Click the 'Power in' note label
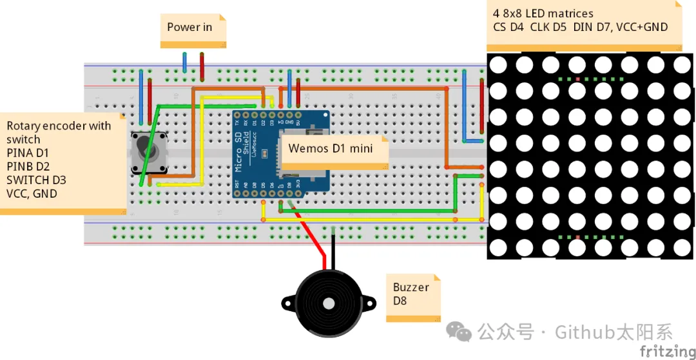tap(189, 27)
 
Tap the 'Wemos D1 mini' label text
tap(331, 148)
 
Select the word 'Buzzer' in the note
tap(411, 287)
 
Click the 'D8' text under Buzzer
tap(400, 300)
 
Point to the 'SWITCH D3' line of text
tap(36, 180)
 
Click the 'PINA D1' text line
tap(28, 153)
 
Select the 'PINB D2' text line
tap(28, 166)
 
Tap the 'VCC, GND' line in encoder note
tap(32, 193)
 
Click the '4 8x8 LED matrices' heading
tap(543, 14)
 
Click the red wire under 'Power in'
tap(202, 66)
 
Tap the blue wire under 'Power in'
tap(184, 63)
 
